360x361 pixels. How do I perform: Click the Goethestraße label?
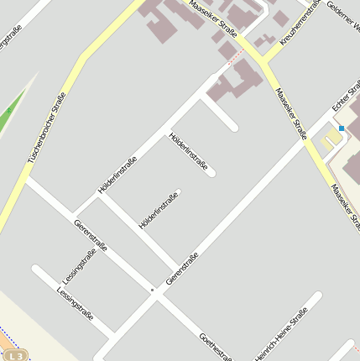[216, 346]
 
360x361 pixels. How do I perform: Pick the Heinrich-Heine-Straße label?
[281, 335]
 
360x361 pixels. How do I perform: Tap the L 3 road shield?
[18, 354]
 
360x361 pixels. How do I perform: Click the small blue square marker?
[342, 128]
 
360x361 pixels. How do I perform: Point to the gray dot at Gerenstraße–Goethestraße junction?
[152, 290]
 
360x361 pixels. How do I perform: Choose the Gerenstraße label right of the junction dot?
[182, 268]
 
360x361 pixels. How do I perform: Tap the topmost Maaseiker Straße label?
[213, 18]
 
